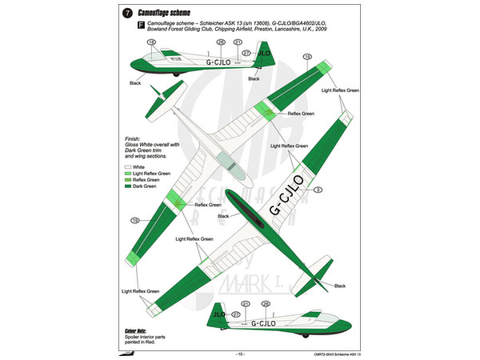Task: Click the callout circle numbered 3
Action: click(x=318, y=190)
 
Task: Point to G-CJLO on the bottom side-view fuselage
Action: click(x=258, y=324)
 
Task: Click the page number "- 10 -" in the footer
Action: click(x=239, y=353)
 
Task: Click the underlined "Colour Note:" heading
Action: click(x=137, y=329)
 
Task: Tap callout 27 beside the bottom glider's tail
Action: click(x=236, y=317)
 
